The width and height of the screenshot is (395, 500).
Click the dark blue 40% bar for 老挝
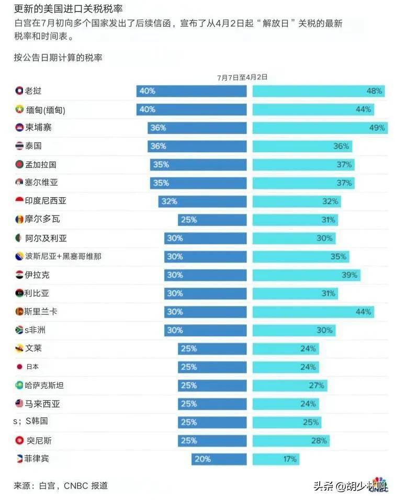point(191,91)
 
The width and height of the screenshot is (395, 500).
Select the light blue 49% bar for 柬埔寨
point(319,128)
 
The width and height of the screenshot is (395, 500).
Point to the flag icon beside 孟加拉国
point(20,164)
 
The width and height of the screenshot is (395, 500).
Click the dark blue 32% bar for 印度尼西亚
point(202,201)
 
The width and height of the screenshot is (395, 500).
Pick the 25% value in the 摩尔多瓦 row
point(188,220)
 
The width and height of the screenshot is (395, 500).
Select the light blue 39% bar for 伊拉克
point(306,275)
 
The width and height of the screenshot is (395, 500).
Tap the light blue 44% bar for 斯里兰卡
point(313,312)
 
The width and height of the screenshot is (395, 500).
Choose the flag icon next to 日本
point(20,367)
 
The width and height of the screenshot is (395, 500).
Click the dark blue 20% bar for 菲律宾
point(219,459)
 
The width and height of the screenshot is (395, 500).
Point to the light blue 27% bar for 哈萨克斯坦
point(290,385)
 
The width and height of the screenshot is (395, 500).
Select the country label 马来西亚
point(42,404)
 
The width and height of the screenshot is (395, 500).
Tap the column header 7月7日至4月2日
point(242,77)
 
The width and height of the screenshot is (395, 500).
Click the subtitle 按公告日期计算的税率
point(58,58)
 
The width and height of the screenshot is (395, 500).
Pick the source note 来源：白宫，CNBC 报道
point(61,486)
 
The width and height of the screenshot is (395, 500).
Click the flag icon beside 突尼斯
point(20,440)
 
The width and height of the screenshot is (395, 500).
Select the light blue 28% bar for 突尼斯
point(291,441)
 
